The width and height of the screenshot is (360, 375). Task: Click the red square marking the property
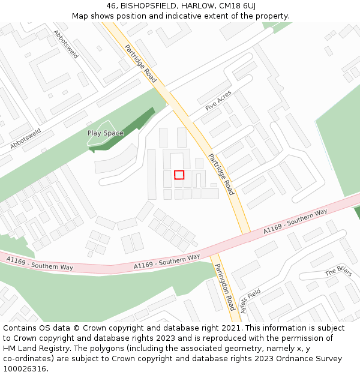tap(179, 175)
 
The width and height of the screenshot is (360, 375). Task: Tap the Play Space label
tap(106, 133)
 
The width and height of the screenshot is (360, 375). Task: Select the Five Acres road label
tap(218, 100)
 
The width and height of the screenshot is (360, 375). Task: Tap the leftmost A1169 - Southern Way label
tap(32, 262)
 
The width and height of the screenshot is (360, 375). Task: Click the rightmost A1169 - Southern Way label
tap(295, 221)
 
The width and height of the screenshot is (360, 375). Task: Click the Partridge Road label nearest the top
tap(140, 63)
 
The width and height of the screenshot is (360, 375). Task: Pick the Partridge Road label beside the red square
tap(221, 174)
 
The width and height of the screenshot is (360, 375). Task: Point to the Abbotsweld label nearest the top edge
tap(66, 44)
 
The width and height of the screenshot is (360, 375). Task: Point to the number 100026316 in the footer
tap(24, 368)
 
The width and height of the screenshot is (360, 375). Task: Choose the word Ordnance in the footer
tap(294, 359)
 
